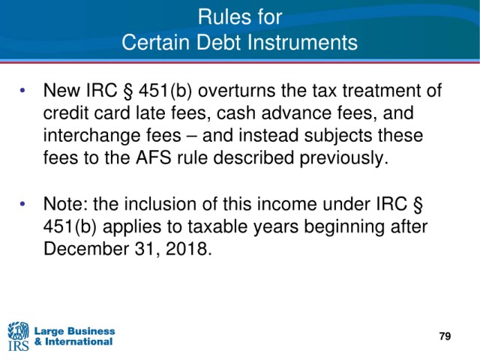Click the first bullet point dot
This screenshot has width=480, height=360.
point(22,90)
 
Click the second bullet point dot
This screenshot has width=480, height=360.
point(22,203)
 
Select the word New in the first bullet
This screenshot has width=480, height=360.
point(61,90)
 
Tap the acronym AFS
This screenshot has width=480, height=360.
point(153,158)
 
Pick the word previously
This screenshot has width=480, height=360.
point(343,158)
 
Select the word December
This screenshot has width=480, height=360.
point(85,248)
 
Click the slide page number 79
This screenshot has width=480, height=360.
point(445,336)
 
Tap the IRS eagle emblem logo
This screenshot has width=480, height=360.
point(18,336)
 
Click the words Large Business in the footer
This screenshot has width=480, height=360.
point(75,331)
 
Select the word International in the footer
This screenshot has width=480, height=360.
point(79,342)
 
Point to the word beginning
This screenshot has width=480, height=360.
point(338,227)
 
